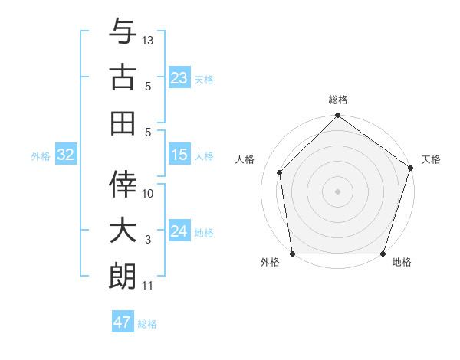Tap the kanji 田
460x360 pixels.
tap(123, 121)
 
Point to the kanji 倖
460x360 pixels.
tap(123, 185)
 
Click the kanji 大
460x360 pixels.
tap(123, 231)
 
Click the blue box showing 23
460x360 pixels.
tap(179, 77)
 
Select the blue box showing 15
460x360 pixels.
tap(179, 155)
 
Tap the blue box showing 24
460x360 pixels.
tap(179, 231)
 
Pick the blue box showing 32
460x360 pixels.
tap(66, 155)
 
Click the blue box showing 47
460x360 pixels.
tap(123, 322)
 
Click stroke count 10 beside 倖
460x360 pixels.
tap(148, 193)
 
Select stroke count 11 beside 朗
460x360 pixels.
tap(148, 286)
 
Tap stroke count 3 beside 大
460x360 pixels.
tap(148, 240)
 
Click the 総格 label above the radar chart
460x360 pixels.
tap(338, 100)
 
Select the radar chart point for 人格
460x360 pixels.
tap(280, 172)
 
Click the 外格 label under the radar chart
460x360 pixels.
tap(270, 263)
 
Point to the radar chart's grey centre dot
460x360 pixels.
tap(337, 191)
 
